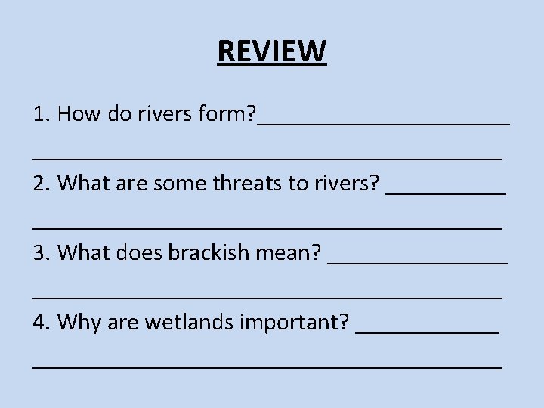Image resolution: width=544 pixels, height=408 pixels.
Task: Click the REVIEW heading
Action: click(272, 51)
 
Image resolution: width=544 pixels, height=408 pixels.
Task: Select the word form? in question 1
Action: click(225, 115)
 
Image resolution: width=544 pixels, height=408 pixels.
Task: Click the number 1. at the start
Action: click(42, 114)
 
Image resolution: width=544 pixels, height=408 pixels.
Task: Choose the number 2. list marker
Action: click(42, 183)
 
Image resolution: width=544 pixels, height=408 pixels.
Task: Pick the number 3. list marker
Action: click(42, 252)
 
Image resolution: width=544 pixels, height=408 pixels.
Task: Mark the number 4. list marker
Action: click(42, 323)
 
